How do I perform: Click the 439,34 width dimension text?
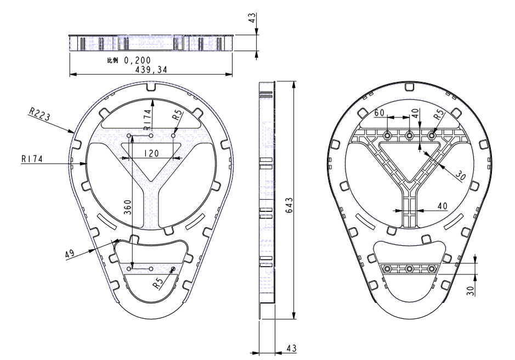pos(151,70)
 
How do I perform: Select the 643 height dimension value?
pos(290,205)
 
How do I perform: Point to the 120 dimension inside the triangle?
pos(151,153)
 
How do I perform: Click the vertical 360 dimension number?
pos(128,207)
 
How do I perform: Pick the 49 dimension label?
pos(70,254)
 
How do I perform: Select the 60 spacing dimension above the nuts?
pos(380,113)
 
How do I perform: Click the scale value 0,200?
pos(137,60)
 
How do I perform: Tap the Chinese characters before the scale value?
pos(112,60)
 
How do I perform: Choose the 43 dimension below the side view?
pos(291,348)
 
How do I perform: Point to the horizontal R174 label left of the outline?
pos(32,159)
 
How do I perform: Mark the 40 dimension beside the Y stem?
pos(443,206)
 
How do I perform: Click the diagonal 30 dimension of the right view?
pos(461,177)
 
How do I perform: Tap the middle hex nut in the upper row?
pos(409,135)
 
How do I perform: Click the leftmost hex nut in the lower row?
pos(387,268)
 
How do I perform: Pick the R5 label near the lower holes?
pos(159,283)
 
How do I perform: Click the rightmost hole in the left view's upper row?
pos(173,136)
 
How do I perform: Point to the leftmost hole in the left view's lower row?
pos(129,269)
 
